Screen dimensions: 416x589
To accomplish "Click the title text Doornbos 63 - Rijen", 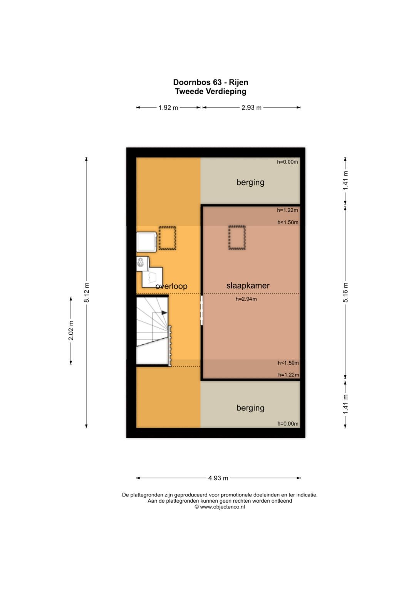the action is (210, 82).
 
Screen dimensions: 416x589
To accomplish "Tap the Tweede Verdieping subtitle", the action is (211, 91).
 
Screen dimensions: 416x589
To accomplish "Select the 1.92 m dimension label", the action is (168, 108).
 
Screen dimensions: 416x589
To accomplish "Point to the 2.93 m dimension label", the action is (251, 108).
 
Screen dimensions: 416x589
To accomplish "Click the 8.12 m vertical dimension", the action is (86, 292).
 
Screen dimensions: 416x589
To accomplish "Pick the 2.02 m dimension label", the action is (71, 331).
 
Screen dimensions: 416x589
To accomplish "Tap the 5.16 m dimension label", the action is (346, 292).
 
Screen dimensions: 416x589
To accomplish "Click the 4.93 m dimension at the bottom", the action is (218, 478).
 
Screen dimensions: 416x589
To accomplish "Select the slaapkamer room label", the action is (248, 285).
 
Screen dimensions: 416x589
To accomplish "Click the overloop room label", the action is (171, 286).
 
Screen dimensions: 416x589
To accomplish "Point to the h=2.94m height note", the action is (246, 299).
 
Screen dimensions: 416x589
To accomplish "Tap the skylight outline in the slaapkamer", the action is (237, 238).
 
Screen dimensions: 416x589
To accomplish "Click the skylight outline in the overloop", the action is (167, 238).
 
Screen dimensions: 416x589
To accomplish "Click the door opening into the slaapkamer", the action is (202, 310).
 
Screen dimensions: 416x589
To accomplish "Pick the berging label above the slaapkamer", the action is (250, 182).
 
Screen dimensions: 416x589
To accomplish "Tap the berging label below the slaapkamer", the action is (250, 408).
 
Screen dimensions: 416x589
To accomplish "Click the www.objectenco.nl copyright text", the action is (220, 507).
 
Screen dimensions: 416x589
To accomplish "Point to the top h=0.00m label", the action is (287, 162).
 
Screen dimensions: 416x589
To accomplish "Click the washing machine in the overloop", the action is (147, 242).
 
